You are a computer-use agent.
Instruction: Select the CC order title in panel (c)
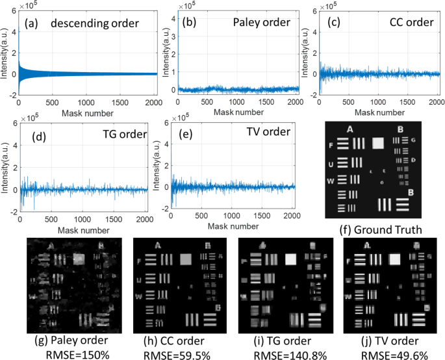(411, 23)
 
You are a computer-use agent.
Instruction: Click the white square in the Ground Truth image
(377, 144)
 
